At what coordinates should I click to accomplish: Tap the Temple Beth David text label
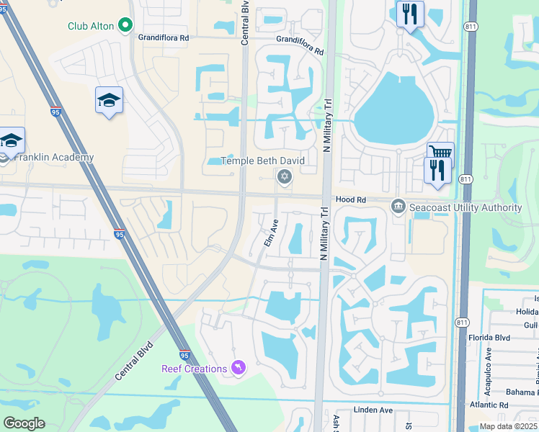click(x=262, y=161)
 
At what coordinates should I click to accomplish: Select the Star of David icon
click(x=285, y=176)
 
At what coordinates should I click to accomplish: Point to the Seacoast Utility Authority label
click(x=465, y=208)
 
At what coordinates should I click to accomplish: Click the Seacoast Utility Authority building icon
click(x=398, y=207)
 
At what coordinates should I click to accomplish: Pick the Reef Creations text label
click(x=194, y=369)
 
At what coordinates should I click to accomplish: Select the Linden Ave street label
click(x=373, y=410)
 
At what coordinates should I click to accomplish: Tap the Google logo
click(x=24, y=423)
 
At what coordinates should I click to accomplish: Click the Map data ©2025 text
click(x=508, y=426)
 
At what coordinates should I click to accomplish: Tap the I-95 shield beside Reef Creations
click(x=184, y=355)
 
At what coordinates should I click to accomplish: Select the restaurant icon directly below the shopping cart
click(x=437, y=171)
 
